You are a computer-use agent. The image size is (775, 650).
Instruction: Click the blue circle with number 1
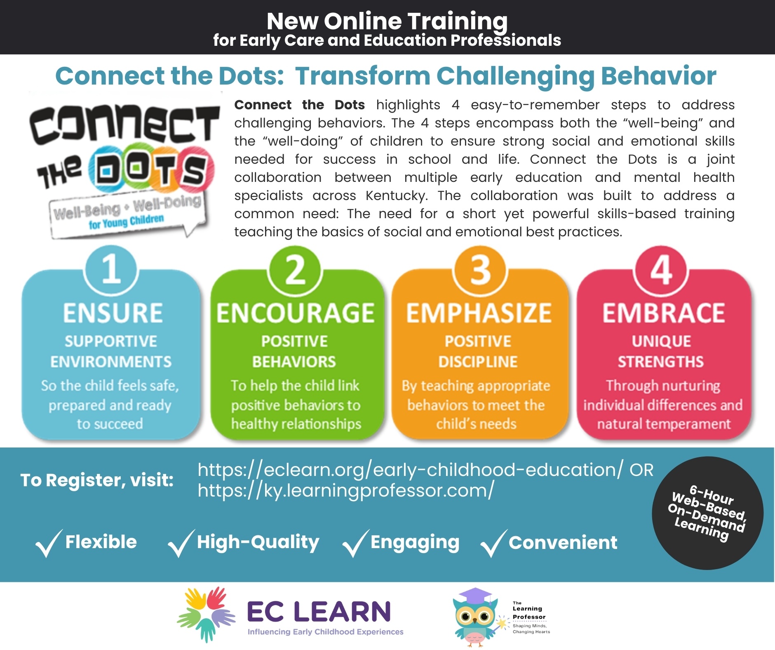coord(111,270)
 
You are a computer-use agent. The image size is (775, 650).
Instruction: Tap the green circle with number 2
coord(295,270)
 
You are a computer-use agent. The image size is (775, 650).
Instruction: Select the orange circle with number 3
coord(480,270)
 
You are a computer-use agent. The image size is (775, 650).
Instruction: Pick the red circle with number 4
coord(662,270)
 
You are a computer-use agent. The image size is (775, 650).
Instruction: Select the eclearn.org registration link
coord(411,470)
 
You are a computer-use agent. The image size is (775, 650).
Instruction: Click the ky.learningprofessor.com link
coord(345,491)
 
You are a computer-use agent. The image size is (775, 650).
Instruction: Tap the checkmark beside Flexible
coord(49,543)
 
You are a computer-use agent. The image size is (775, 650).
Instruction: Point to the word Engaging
coord(415,543)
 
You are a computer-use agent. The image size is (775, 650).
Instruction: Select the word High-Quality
coord(258,543)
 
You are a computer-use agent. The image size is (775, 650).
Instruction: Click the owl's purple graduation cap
coord(475,596)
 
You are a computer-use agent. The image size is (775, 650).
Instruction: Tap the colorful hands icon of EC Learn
coord(206,615)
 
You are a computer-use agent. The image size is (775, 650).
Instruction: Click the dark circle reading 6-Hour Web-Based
coord(707,513)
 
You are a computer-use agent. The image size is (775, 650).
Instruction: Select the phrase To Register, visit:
coord(97,480)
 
